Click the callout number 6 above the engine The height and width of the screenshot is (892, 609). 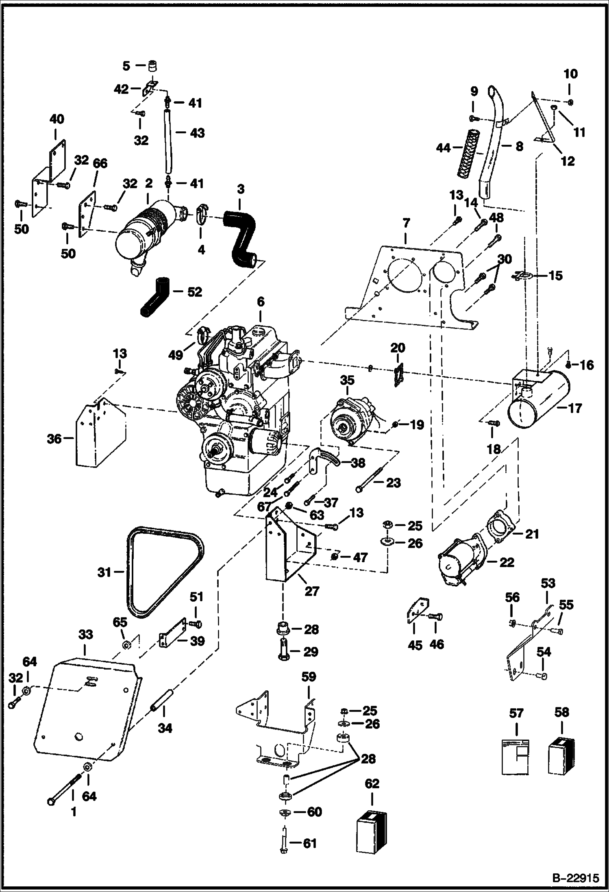[260, 302]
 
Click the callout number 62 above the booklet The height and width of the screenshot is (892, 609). [372, 783]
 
